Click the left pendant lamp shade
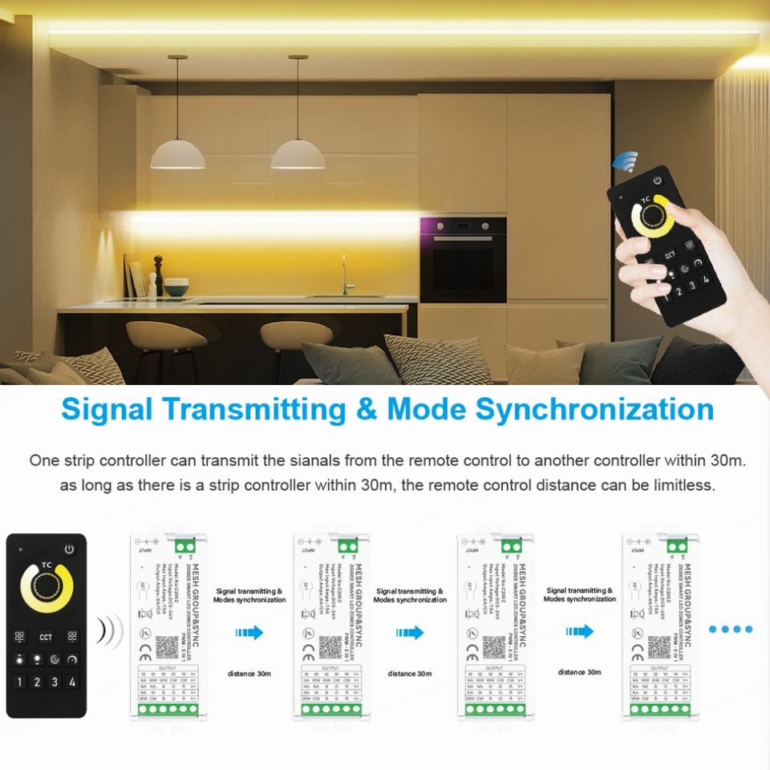(x=177, y=155)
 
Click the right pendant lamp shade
(x=298, y=155)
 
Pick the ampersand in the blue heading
(x=366, y=409)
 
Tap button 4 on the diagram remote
(x=72, y=683)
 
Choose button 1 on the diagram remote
(x=18, y=683)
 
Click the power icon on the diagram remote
(x=70, y=550)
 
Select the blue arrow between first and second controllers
(x=249, y=633)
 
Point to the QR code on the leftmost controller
(x=166, y=646)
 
